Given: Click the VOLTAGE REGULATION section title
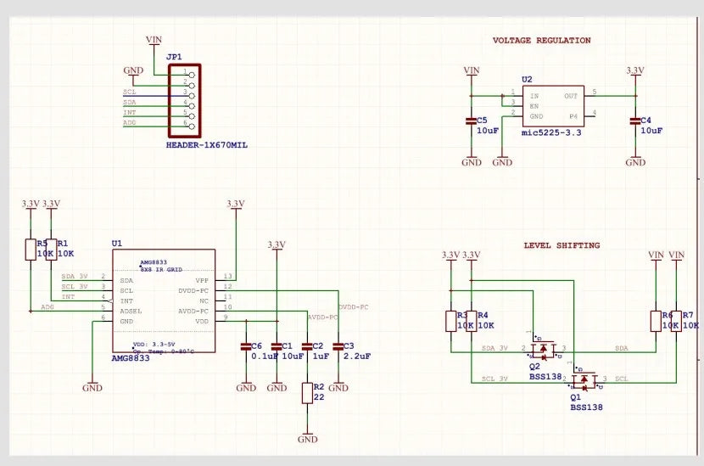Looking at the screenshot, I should [541, 40].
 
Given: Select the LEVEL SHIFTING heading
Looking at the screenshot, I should [561, 245].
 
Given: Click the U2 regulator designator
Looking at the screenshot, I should [527, 79].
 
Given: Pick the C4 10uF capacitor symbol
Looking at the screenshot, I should [634, 121].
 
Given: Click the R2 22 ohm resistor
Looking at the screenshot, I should [307, 392].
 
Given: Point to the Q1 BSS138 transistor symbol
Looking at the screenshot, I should [588, 379].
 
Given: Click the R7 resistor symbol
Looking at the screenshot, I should [676, 320].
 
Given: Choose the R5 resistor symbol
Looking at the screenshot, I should [31, 249].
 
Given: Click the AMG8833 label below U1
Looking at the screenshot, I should [131, 360].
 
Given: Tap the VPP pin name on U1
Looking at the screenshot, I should [202, 279].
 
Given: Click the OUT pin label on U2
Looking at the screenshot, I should [571, 96].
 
